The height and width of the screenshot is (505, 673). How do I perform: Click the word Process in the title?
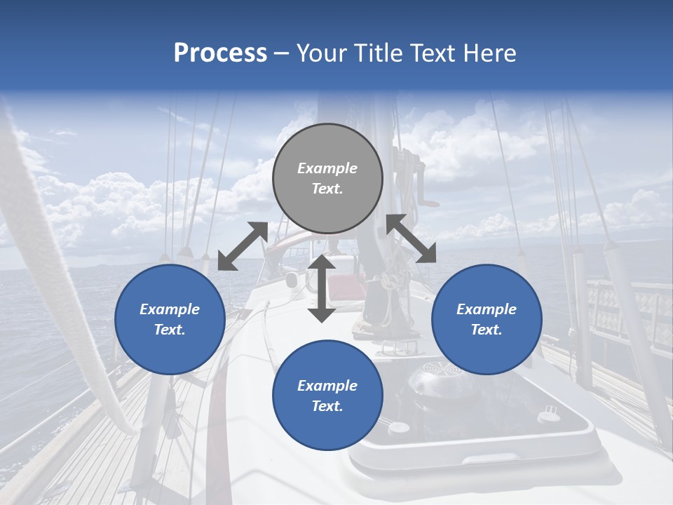[220, 53]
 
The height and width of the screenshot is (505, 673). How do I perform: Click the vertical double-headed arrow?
[322, 288]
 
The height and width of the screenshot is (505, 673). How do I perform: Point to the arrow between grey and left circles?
[243, 245]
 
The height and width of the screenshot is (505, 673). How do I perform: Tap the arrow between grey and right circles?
[411, 238]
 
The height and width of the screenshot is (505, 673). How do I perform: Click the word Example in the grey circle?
[327, 168]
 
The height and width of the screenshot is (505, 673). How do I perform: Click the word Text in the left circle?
[170, 330]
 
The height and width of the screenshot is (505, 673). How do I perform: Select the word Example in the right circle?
[487, 309]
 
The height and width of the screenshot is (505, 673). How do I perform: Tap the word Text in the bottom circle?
[327, 406]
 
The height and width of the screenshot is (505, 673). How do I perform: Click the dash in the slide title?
[282, 53]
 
